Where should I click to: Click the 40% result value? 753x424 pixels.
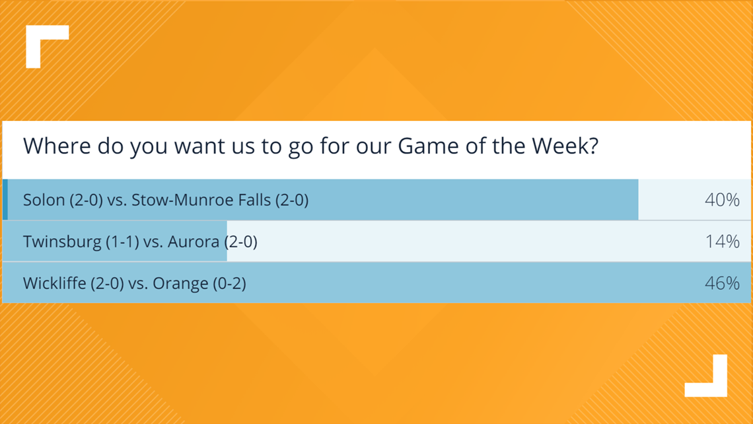(x=722, y=200)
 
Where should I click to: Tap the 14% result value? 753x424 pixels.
(x=722, y=241)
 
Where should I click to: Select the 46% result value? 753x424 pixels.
(x=722, y=283)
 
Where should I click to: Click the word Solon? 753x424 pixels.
(x=44, y=200)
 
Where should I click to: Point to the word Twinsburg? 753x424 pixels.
(x=62, y=241)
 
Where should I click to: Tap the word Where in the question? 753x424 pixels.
(x=57, y=146)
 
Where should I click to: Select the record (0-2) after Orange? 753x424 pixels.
(x=229, y=283)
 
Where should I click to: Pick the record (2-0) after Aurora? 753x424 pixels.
(x=240, y=241)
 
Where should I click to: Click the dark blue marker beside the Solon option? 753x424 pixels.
(x=5, y=200)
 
